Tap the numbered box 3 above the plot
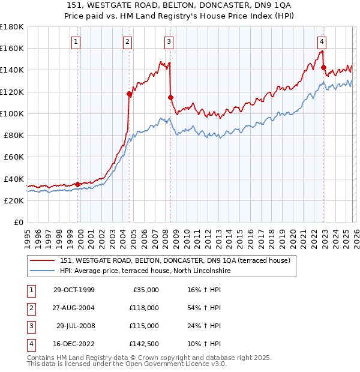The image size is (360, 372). point(169,42)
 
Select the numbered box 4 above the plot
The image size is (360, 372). point(322,42)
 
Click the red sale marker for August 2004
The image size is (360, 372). point(129,94)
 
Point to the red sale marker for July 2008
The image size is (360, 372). point(170,97)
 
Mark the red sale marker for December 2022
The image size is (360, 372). point(323,67)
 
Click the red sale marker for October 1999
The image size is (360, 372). point(78,184)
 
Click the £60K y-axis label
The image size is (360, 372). point(13,157)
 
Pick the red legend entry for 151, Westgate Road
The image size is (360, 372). point(175,260)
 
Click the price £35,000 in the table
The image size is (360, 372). point(145,289)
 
